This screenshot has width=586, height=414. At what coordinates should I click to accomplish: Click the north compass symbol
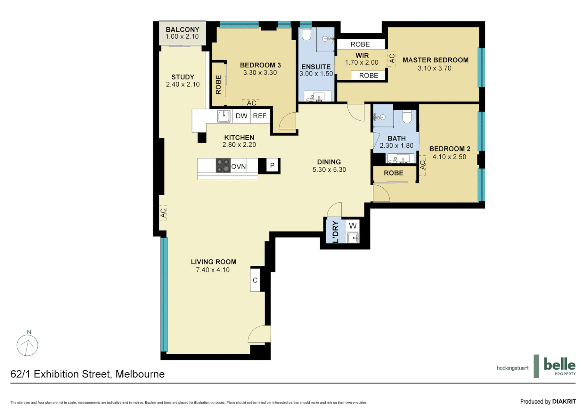tap(27, 345)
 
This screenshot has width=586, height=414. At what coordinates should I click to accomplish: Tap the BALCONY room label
tap(182, 30)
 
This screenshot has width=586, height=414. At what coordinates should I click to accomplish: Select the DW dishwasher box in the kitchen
tap(241, 116)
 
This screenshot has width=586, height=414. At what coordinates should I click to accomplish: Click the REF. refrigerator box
tap(260, 116)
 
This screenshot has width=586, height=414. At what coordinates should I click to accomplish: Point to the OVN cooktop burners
tap(223, 166)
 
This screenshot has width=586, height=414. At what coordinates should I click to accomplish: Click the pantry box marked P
tap(272, 166)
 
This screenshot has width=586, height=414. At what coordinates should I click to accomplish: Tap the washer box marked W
tap(352, 226)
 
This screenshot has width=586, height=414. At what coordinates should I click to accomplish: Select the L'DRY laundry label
tap(336, 232)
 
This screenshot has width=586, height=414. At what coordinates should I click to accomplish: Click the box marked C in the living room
tap(255, 280)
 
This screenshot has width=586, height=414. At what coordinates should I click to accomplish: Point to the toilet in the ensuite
tap(306, 35)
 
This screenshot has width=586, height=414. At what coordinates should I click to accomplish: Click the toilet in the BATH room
tap(407, 117)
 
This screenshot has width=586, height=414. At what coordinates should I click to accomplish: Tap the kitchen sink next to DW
tap(224, 116)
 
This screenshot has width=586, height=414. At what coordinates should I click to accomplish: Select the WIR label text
tap(362, 56)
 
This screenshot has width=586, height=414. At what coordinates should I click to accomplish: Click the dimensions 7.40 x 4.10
tap(213, 270)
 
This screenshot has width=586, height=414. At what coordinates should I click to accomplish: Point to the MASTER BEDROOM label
tap(435, 60)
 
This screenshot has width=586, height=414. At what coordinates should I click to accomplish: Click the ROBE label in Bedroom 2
tap(393, 173)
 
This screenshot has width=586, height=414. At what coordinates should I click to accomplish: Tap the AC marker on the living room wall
tap(163, 213)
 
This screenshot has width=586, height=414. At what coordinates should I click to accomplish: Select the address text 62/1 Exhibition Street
tap(87, 374)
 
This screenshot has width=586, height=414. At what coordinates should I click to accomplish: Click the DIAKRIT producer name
tap(564, 402)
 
